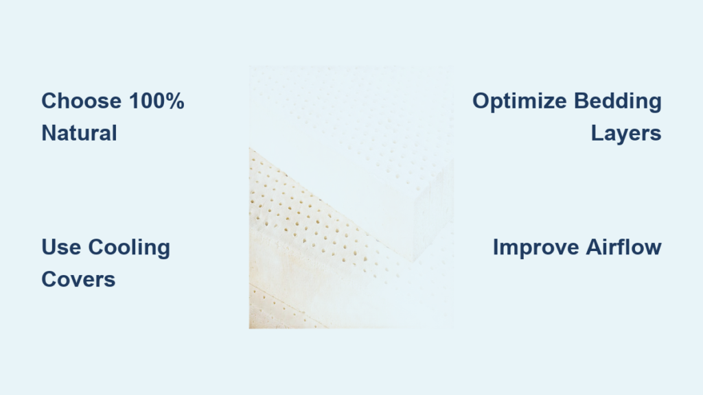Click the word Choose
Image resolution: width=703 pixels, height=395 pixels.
click(82, 101)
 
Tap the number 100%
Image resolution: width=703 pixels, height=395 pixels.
click(157, 101)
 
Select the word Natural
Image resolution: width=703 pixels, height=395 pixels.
click(80, 133)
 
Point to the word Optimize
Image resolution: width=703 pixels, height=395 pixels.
click(519, 101)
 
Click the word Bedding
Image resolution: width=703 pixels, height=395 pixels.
click(618, 101)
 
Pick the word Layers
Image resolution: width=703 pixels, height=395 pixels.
click(626, 134)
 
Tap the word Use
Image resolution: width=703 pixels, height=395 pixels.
click(61, 247)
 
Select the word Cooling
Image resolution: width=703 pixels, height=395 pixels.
click(129, 248)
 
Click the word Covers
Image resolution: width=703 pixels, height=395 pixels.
click(78, 280)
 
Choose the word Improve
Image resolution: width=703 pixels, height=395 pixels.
click(535, 248)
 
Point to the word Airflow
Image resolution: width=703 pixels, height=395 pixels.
click(623, 247)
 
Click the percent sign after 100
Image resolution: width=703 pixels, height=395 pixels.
click(174, 101)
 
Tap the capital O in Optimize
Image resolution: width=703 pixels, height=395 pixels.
click(481, 101)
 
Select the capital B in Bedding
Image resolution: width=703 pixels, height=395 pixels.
click(582, 101)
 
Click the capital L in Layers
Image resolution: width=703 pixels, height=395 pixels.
click(598, 133)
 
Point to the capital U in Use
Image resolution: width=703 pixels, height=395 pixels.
click(49, 247)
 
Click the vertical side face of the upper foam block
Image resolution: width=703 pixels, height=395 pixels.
click(433, 211)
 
